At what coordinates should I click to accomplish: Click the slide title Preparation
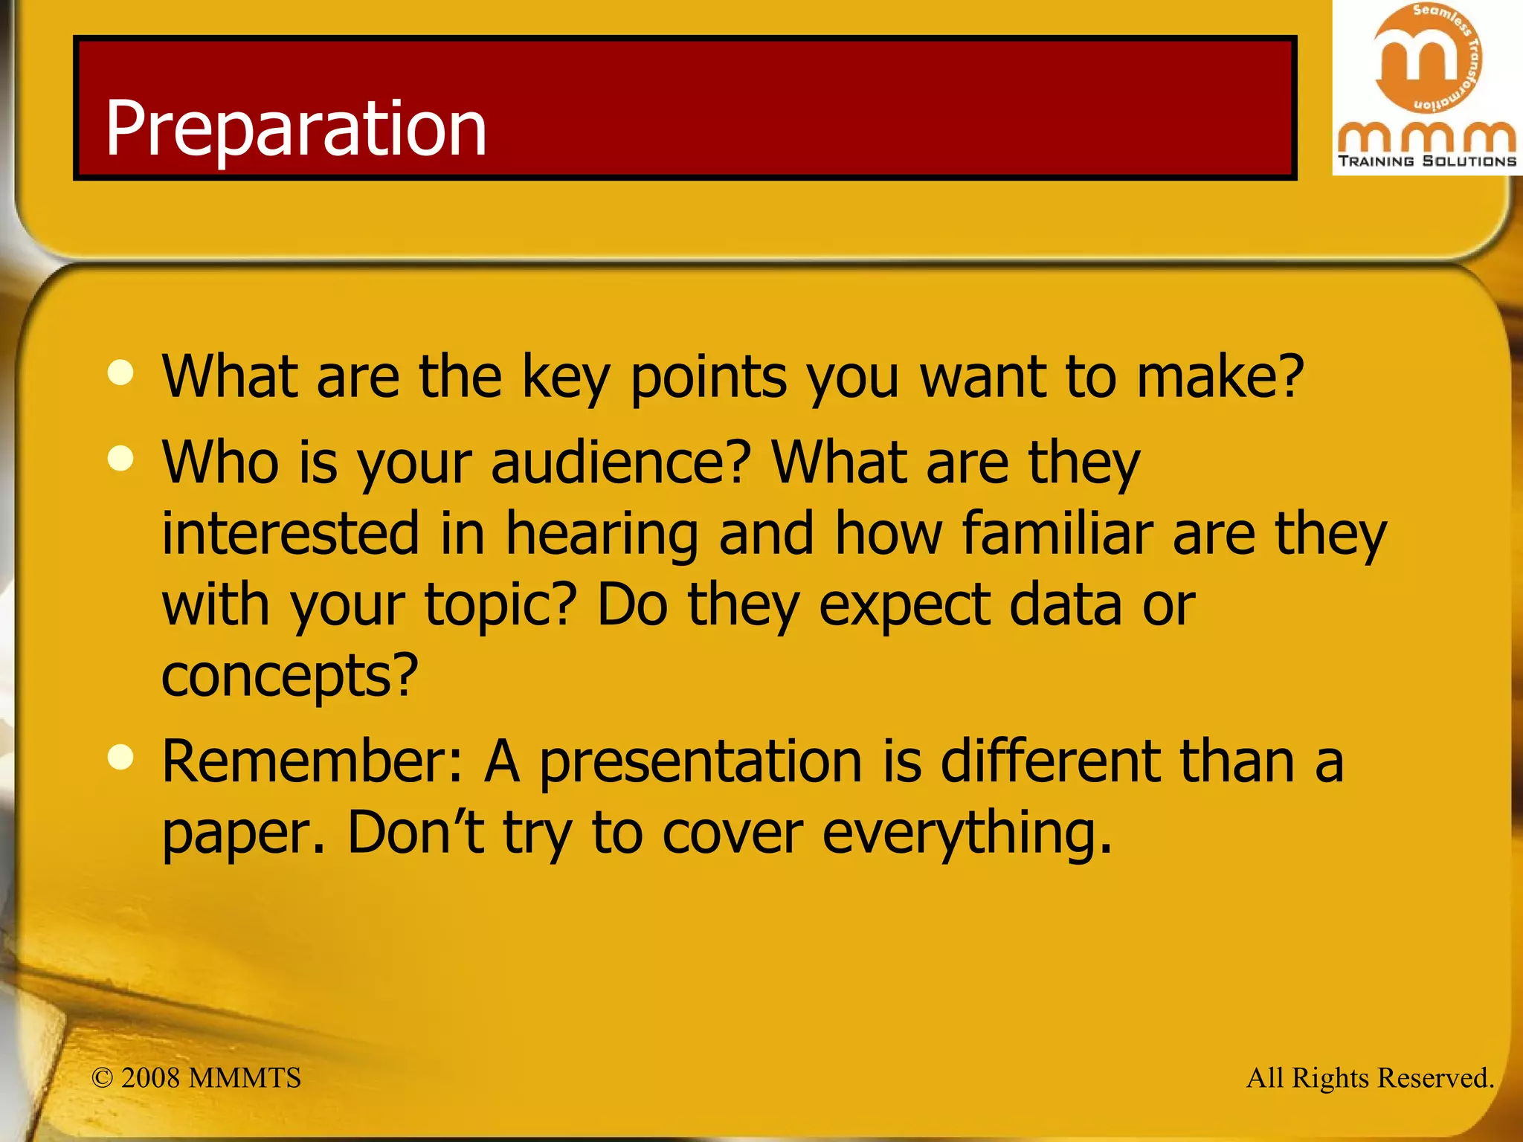click(x=295, y=128)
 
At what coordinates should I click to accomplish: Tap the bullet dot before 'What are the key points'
click(x=120, y=372)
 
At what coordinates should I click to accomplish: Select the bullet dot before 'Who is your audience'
click(x=120, y=458)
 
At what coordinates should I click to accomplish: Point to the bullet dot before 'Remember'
click(x=120, y=758)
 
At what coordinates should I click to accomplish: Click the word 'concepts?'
click(x=290, y=676)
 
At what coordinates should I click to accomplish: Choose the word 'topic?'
click(x=500, y=605)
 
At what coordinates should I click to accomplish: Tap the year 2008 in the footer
click(x=150, y=1078)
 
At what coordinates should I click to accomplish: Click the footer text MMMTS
click(x=245, y=1078)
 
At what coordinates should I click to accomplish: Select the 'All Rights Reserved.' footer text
click(x=1370, y=1078)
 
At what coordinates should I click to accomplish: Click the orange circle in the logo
click(x=1426, y=58)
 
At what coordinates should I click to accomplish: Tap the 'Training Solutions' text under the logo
click(x=1426, y=161)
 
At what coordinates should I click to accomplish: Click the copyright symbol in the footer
click(x=102, y=1078)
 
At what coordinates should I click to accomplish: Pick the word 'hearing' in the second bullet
click(x=602, y=535)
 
